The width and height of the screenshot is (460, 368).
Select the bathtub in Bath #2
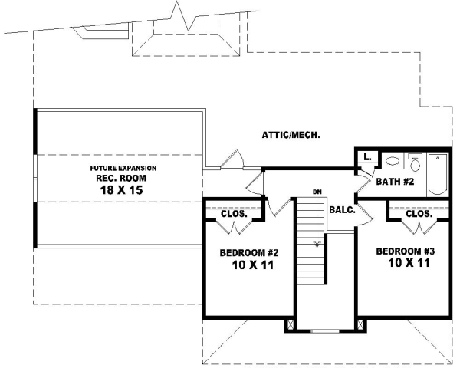click(437, 172)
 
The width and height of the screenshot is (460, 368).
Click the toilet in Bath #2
click(415, 162)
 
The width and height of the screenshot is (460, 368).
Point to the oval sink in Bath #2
click(391, 162)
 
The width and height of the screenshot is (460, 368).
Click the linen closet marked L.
click(368, 158)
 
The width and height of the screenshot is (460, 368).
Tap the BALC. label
click(341, 209)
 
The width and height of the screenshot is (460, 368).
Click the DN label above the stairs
click(315, 191)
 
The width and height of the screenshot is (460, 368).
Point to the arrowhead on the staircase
click(315, 245)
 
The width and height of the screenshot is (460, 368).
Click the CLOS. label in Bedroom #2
click(233, 214)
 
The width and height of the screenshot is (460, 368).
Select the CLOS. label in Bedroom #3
click(419, 214)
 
